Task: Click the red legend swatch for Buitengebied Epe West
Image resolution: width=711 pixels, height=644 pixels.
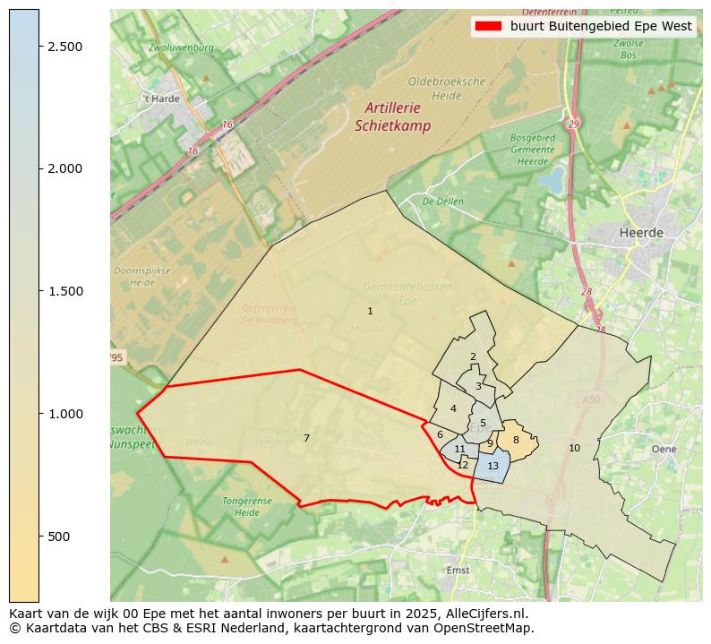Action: pos(488,26)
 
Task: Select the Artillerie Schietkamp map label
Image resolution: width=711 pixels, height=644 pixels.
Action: pos(392,116)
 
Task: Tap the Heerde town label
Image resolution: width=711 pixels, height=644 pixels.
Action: pos(641,232)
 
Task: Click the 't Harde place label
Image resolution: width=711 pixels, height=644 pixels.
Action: pos(161,99)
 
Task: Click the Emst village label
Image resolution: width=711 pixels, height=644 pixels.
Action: pos(457,570)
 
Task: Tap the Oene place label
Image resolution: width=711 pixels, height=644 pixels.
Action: pos(664,449)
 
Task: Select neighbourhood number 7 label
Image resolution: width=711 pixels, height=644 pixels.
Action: pos(306,438)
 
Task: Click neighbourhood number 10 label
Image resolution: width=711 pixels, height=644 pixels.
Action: pos(574,448)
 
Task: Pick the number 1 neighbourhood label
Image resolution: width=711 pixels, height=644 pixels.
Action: pos(370,311)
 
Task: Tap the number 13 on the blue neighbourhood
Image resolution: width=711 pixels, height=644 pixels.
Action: pos(493,466)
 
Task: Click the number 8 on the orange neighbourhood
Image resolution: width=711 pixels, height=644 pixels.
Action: pos(516,440)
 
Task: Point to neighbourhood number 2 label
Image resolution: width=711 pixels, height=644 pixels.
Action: pos(473,356)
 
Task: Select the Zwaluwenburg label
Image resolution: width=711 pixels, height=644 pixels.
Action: pos(182,47)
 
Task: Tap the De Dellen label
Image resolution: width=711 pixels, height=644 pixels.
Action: pos(442,202)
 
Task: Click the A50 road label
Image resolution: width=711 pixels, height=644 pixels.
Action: pos(591,399)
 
